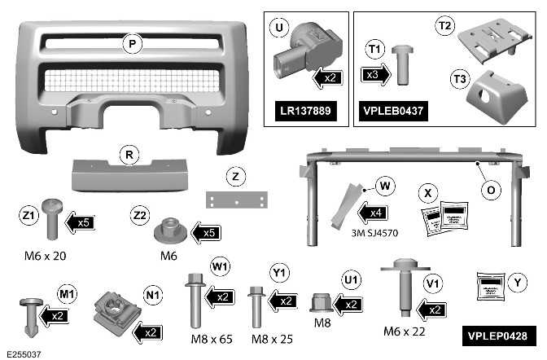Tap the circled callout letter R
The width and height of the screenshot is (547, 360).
pos(128,154)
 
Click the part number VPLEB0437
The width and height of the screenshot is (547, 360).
pos(392,109)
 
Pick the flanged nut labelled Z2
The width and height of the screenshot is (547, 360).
pos(172,230)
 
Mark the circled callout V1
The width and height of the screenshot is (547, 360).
pos(433,282)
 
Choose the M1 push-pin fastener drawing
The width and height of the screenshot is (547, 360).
pos(31,315)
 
